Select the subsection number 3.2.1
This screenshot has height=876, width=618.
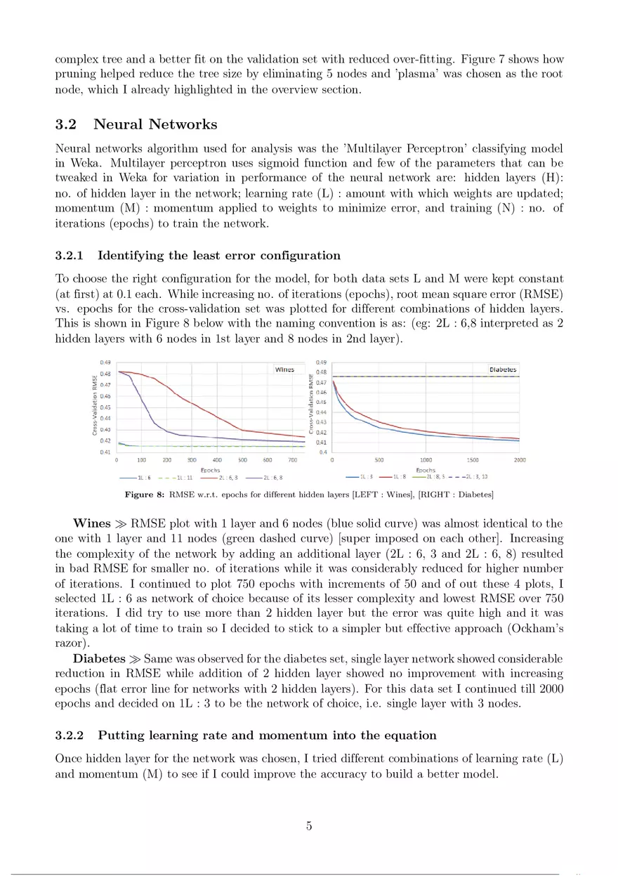(70, 255)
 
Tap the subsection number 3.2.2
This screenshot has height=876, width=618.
(70, 736)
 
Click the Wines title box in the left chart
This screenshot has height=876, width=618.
(284, 369)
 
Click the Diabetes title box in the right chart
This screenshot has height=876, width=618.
(502, 369)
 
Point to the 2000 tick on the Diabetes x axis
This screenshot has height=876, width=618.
(519, 460)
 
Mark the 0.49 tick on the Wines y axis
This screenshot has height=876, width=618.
(105, 362)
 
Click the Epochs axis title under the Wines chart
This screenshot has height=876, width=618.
(210, 469)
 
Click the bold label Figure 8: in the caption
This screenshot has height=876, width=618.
(144, 495)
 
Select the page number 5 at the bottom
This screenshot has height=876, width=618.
(309, 826)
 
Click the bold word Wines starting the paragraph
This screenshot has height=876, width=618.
(91, 523)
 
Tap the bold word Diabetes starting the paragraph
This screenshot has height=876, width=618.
(98, 658)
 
